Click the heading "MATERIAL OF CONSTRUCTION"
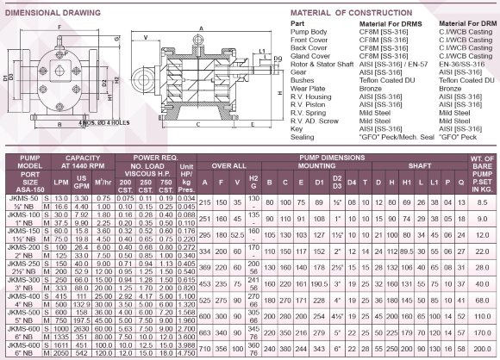[345, 12]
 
